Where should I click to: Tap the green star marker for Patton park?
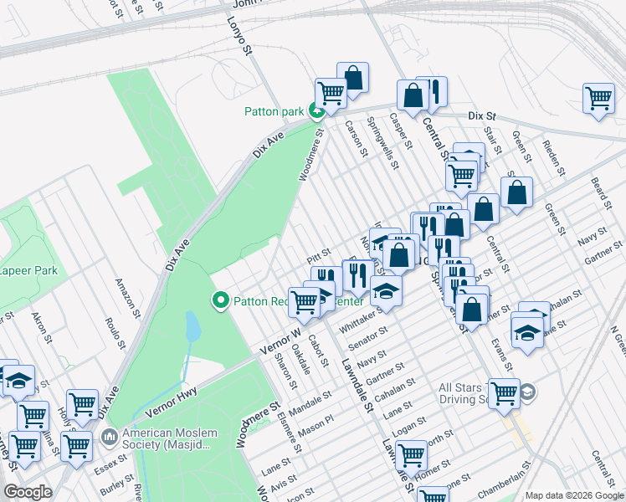tap(316, 110)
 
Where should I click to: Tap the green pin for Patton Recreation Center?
tap(222, 300)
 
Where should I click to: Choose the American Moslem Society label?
tap(170, 440)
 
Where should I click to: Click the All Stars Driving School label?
tap(475, 393)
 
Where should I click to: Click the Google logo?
tap(28, 492)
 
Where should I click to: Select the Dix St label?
tap(482, 115)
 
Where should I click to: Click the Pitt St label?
tap(319, 252)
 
